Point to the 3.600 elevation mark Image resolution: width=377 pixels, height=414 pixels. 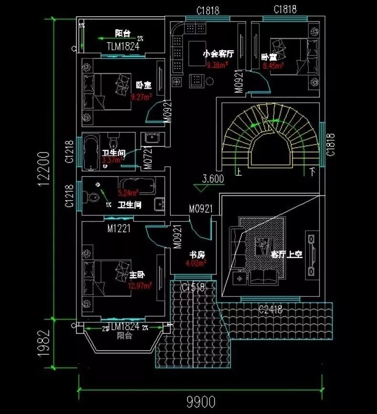point(213,179)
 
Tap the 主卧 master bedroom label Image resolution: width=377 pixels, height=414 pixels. point(136,275)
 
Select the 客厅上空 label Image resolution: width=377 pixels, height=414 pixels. point(287,254)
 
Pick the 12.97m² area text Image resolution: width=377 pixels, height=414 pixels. point(139,285)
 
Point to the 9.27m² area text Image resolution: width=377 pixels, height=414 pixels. point(141,97)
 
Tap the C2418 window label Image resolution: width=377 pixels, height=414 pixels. point(270,309)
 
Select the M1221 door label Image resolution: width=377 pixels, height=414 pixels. point(119,229)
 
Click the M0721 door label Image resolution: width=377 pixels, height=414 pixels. point(148,159)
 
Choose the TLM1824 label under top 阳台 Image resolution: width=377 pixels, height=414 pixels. point(123,46)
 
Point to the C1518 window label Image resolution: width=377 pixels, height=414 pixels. point(193,287)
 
